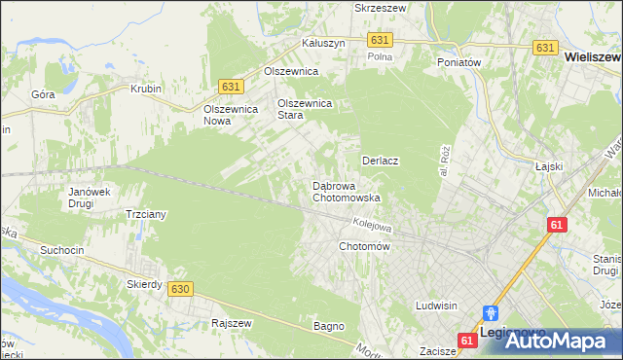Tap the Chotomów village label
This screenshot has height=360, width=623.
[364, 246]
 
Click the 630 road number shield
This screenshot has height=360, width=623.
[179, 289]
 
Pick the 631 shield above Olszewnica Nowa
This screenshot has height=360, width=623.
[230, 87]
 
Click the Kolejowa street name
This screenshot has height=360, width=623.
[372, 224]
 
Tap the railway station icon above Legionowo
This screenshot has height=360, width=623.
[491, 313]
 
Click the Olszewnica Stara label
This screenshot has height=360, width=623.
[305, 109]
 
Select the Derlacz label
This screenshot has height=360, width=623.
[382, 160]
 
